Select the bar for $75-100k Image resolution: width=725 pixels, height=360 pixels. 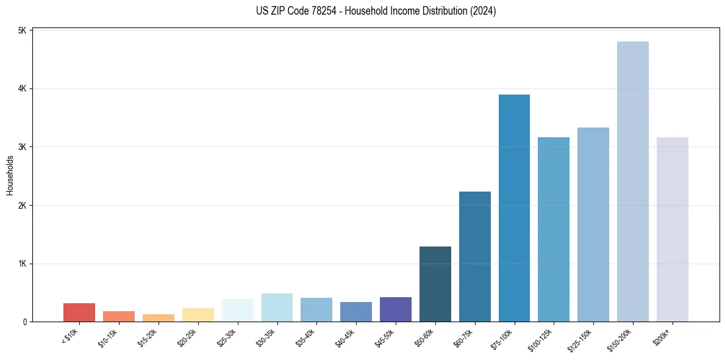click(514, 208)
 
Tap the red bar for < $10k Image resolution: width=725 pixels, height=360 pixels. click(79, 312)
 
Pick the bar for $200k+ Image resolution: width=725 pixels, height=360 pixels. click(672, 229)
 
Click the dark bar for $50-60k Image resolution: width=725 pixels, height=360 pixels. click(435, 284)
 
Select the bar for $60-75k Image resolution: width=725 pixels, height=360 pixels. click(474, 256)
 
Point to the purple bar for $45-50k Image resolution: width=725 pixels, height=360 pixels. click(396, 309)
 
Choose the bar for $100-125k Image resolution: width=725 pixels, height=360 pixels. click(554, 229)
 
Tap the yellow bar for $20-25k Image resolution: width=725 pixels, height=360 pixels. click(198, 315)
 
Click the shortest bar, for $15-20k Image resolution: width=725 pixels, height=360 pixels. click(159, 318)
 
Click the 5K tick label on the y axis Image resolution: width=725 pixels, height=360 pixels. click(23, 31)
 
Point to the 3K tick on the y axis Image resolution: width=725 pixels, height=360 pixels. click(23, 147)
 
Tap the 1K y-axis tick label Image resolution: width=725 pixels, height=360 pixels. click(23, 264)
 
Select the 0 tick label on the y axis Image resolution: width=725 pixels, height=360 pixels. click(25, 322)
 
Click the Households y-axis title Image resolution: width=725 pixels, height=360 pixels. click(10, 175)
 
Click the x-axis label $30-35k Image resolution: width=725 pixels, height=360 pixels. click(268, 336)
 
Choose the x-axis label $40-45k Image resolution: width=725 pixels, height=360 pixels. click(346, 336)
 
